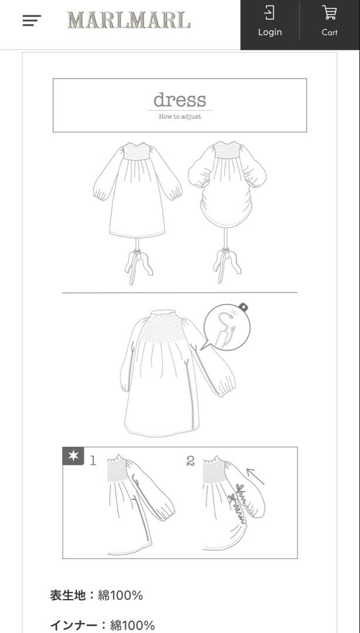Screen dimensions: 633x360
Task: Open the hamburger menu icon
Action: [32, 21]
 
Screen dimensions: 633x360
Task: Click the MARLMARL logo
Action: [128, 21]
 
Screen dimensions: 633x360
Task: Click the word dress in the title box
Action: [179, 100]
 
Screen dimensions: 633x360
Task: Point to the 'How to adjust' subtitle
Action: [179, 117]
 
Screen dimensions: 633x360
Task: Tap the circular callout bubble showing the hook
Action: [227, 327]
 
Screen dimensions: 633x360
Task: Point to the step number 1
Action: [93, 461]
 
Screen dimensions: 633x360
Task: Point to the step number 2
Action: [191, 461]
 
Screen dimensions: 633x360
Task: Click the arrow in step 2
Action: [255, 475]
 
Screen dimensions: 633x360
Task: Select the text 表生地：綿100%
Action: [97, 595]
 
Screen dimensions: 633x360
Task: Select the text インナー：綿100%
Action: [103, 625]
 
